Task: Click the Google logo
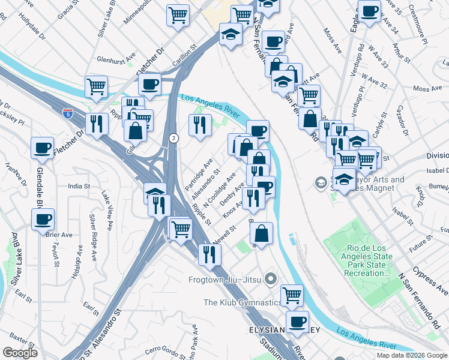click(20, 353)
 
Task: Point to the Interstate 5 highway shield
click(67, 112)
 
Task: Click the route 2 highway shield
click(173, 138)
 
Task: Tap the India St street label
click(79, 186)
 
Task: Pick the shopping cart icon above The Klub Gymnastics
click(292, 293)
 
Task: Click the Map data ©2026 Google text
click(411, 355)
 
